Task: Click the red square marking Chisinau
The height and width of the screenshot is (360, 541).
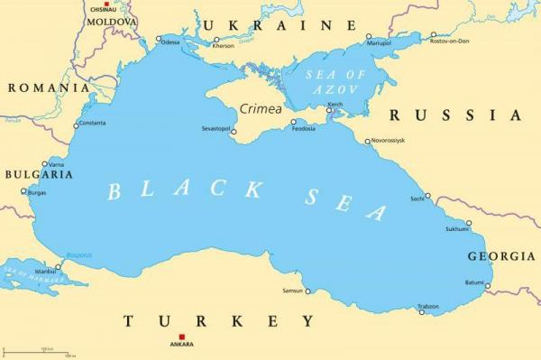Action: [106, 5]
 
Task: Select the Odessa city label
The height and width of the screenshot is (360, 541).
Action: [170, 42]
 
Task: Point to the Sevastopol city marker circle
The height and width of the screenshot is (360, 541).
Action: [234, 133]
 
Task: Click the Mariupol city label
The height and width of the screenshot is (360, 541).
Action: [379, 42]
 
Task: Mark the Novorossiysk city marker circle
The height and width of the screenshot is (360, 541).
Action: [368, 141]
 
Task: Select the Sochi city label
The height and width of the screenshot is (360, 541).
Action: [417, 198]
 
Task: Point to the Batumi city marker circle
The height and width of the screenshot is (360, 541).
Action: [488, 288]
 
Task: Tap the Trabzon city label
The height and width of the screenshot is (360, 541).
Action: [428, 307]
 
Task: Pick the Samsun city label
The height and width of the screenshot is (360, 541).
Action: [292, 291]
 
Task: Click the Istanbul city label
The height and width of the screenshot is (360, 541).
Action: [44, 271]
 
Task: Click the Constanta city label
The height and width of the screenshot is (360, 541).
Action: [92, 123]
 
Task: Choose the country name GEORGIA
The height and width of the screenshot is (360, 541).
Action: [500, 257]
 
